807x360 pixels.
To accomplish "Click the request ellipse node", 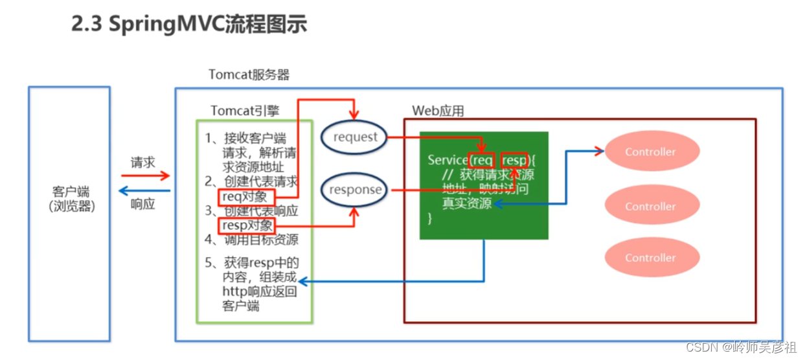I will (x=355, y=137).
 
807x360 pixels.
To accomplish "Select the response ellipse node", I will (x=355, y=190).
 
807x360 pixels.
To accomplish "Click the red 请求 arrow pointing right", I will (x=145, y=175).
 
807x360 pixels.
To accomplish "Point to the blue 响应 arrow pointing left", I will (x=145, y=191).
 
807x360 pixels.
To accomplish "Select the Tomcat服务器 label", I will (x=249, y=74).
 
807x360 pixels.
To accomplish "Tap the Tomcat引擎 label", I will (x=245, y=111).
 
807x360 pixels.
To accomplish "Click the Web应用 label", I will (x=438, y=111).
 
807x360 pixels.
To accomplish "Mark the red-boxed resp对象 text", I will (x=247, y=225).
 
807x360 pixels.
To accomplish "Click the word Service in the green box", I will (x=447, y=160).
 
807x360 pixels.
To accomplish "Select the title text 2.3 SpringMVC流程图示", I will (x=188, y=25).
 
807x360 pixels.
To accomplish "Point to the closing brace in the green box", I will (x=429, y=219).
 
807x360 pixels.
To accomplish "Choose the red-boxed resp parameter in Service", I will (x=514, y=160).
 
